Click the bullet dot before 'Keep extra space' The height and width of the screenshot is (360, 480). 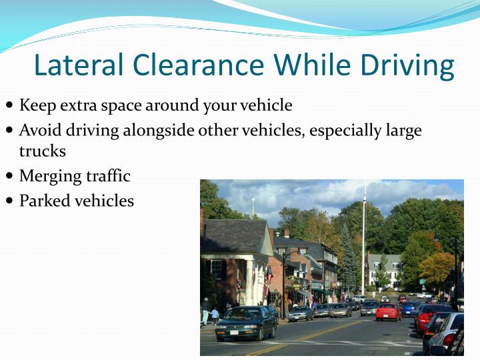(x=9, y=105)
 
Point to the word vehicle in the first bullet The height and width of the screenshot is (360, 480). (x=267, y=105)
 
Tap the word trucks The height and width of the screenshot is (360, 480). (x=42, y=151)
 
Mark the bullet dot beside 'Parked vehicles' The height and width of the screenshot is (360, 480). (x=9, y=200)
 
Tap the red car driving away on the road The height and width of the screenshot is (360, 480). (x=388, y=312)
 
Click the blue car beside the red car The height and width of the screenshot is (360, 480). (x=407, y=309)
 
